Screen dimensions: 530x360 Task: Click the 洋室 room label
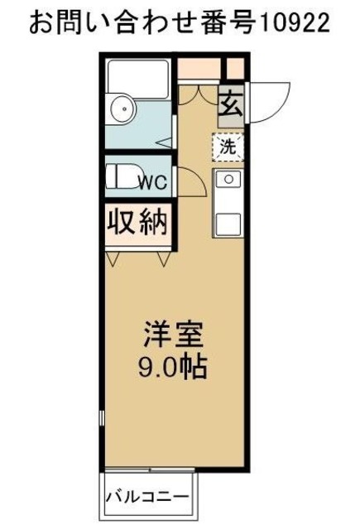click(171, 337)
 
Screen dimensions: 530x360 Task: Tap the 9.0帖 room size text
click(171, 365)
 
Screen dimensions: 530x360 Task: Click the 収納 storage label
click(137, 222)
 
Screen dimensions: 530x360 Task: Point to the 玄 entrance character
click(231, 106)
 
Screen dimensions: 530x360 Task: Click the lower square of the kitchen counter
click(227, 221)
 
